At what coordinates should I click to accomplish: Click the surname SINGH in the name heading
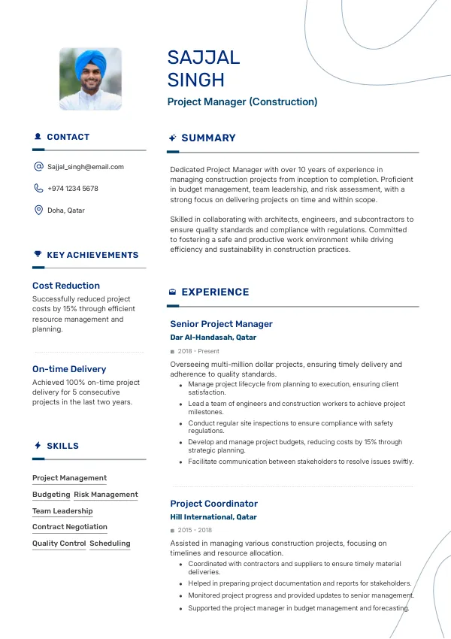coord(196,80)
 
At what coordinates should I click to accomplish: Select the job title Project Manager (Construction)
coord(242,101)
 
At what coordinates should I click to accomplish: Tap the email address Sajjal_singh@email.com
coord(86,167)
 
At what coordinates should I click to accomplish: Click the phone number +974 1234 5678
coord(73,189)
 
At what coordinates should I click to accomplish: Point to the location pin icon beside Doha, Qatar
coord(38,210)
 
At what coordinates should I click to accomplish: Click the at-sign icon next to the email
coord(38,167)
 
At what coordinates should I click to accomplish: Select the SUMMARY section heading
coord(208,138)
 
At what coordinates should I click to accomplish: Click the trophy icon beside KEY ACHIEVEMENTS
coord(38,255)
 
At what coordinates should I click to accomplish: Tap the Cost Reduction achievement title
coord(66,286)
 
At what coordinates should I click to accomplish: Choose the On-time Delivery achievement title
coord(69,369)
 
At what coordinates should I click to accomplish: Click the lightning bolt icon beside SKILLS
coord(38,446)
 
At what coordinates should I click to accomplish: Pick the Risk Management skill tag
coord(106,495)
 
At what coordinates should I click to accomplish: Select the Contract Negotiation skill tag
coord(70,527)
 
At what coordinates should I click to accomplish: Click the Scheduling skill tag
coord(110,544)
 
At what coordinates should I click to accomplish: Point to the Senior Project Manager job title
coord(221,324)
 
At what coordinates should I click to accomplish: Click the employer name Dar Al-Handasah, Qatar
coord(213,338)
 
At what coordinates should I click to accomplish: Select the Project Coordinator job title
coord(213,504)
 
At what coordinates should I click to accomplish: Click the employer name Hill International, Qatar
coord(213,517)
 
